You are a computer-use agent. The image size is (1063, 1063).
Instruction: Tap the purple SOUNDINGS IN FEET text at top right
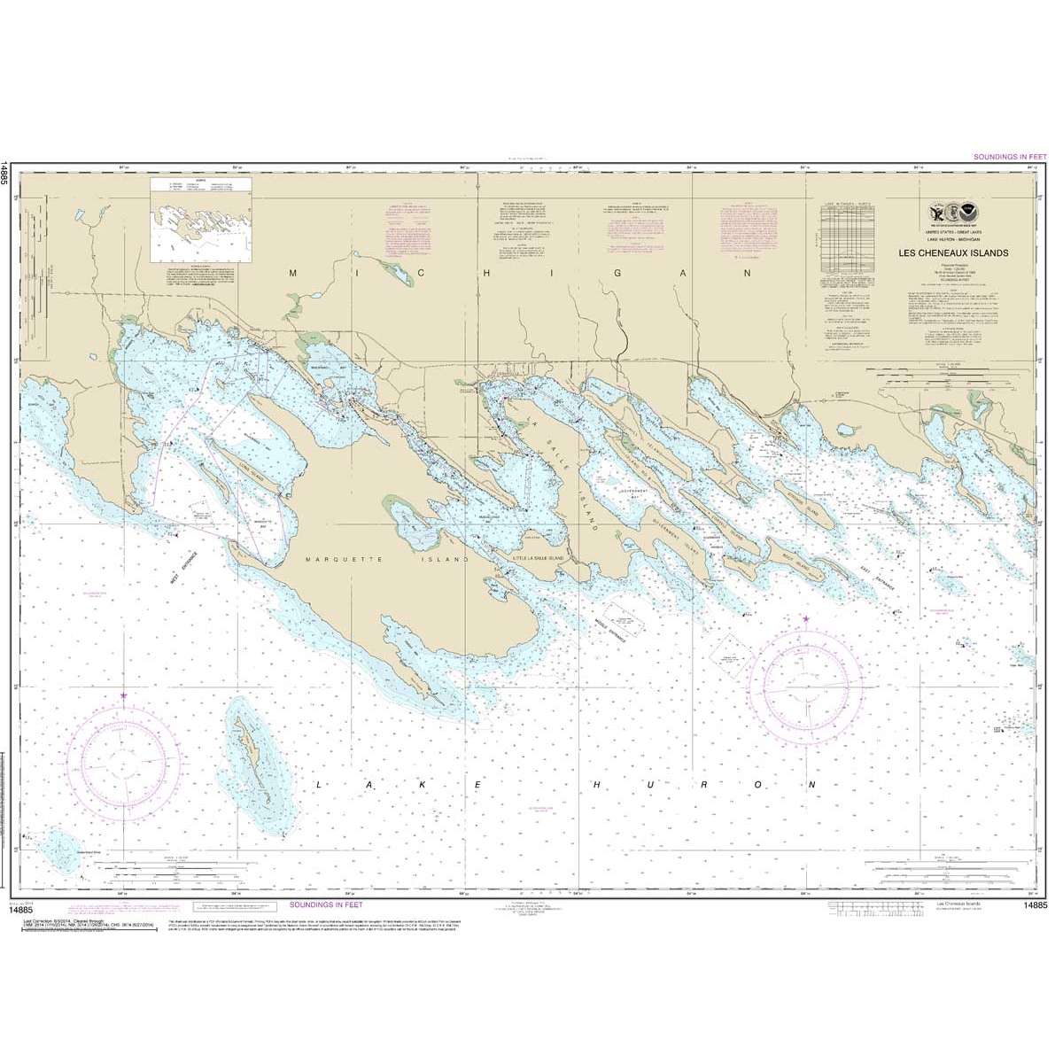tap(1009, 157)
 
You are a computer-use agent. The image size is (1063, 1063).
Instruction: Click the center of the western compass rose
tap(122, 764)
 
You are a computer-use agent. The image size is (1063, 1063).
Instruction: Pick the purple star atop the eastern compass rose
tap(805, 618)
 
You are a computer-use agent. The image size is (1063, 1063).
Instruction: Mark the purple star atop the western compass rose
tap(122, 696)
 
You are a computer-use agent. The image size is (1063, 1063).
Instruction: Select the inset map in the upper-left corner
tap(201, 219)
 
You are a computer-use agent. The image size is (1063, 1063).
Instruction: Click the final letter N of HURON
tap(811, 785)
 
